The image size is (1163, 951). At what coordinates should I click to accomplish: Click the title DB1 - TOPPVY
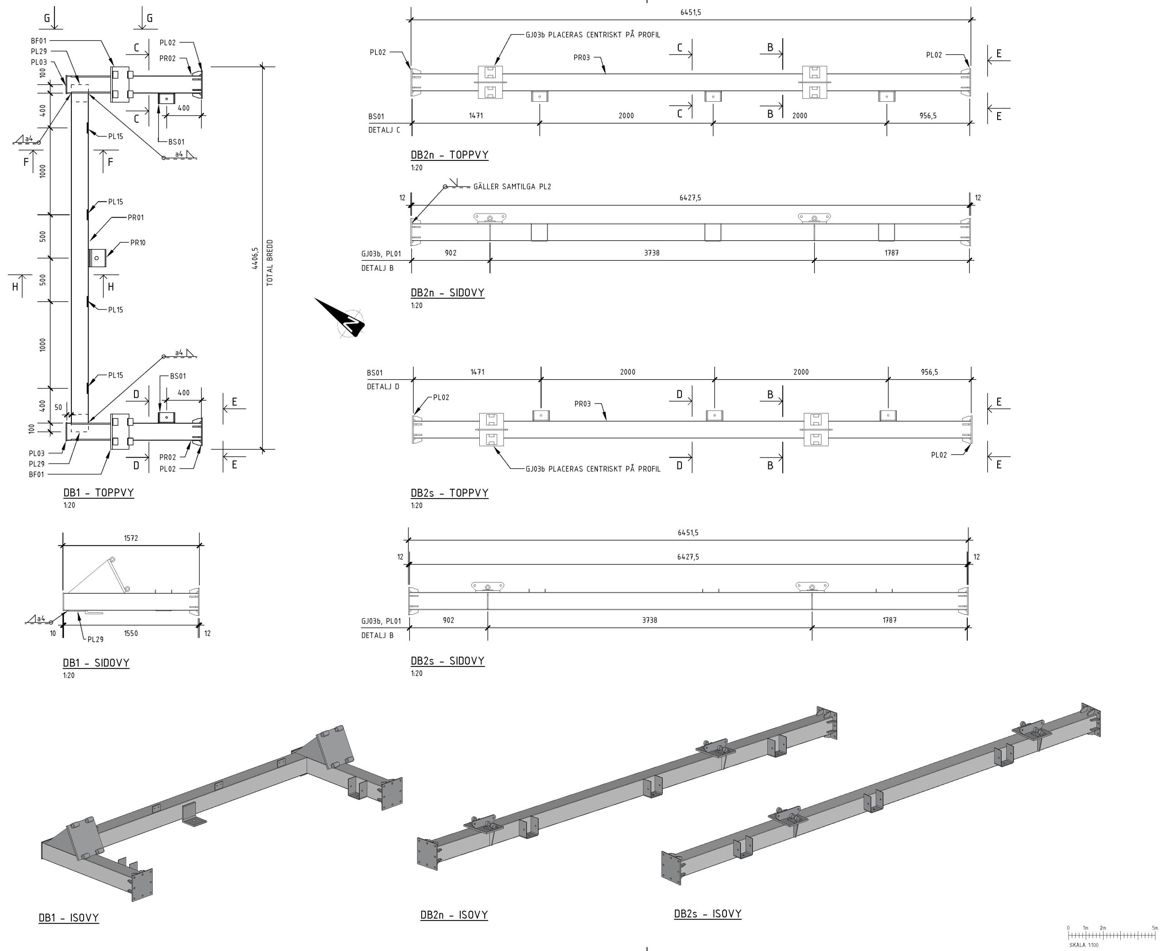coord(99,493)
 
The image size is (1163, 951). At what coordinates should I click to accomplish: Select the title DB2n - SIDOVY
coord(447,293)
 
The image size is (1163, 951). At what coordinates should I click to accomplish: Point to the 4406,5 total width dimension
coord(254,259)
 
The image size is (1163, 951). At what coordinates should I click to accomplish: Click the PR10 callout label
coord(138,243)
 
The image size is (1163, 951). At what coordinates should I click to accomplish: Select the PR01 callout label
coord(136,218)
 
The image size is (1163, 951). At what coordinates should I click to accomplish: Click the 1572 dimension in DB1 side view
coord(131,538)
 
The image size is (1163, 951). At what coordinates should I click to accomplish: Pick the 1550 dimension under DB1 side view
coord(131,633)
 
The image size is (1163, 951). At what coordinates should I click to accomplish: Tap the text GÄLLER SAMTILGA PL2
coord(512,187)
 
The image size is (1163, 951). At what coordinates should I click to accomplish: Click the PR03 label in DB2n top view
coord(582,58)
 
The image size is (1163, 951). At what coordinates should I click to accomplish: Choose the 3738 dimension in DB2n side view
coord(652,253)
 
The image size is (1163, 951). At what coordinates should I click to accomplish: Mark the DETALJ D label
coord(383,387)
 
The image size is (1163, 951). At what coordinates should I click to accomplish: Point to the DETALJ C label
coord(384,130)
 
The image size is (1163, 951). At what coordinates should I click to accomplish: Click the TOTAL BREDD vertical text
coord(269,263)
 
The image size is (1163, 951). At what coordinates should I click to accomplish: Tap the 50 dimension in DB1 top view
coord(59,408)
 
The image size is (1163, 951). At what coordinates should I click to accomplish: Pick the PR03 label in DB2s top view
coord(582,404)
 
